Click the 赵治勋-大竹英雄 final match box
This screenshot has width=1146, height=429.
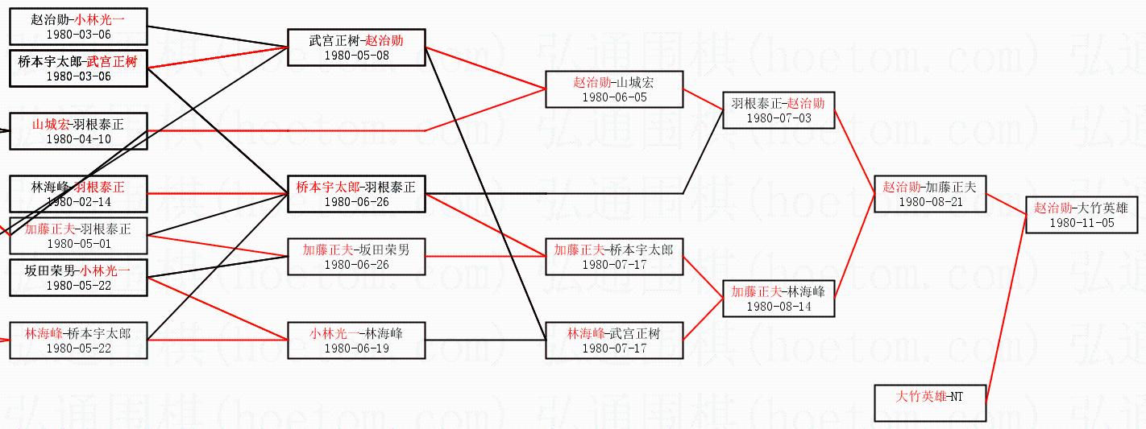point(1082,215)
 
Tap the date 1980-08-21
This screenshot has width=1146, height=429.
point(930,202)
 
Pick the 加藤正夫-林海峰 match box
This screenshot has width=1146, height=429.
point(779,298)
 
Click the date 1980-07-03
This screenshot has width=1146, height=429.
point(779,118)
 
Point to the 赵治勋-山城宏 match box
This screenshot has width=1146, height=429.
point(614,89)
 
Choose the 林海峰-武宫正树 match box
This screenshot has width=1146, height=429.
point(614,340)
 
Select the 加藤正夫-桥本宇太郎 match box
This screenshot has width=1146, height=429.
point(614,256)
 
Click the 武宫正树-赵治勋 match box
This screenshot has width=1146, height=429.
point(356,47)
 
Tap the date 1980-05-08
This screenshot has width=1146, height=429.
point(356,56)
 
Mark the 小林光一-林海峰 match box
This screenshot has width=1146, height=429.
point(356,340)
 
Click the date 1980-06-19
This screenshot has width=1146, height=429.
point(356,349)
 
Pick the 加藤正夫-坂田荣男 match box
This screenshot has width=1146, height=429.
point(356,256)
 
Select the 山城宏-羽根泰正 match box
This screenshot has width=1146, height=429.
point(78,130)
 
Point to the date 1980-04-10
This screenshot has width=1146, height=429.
point(78,139)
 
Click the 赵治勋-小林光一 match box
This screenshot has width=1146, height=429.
point(78,26)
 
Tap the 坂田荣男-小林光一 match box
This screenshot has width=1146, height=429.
point(78,277)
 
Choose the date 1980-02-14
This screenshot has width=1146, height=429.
point(78,202)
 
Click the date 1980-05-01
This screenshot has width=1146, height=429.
point(78,244)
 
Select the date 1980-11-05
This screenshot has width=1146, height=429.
point(1082,223)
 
